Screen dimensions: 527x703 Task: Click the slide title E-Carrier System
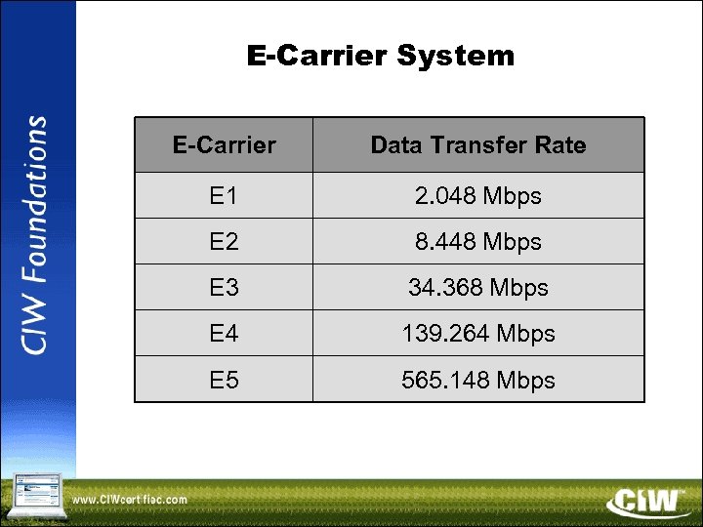point(381,56)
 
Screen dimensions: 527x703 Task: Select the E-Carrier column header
point(224,145)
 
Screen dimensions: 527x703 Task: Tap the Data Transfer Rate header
point(478,145)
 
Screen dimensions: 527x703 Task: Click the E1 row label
point(224,196)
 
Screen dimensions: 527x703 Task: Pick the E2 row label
point(224,241)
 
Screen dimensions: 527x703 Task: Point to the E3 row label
point(224,288)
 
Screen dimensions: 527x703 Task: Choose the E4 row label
point(224,334)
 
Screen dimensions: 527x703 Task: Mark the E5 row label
point(224,380)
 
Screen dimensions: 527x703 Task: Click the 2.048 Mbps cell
point(478,196)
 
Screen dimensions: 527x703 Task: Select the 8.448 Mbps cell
point(478,241)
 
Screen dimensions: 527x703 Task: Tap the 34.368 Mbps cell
point(478,288)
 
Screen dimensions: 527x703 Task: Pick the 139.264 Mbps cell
point(478,334)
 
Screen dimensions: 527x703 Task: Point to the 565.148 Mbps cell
point(478,380)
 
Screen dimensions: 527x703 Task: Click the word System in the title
point(455,56)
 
